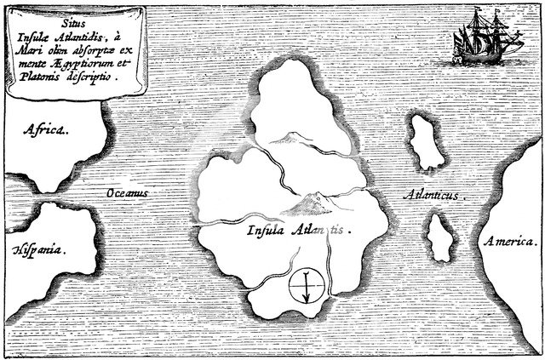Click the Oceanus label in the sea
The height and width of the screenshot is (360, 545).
pyautogui.click(x=127, y=194)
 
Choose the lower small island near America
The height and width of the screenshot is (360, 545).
pyautogui.click(x=441, y=233)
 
